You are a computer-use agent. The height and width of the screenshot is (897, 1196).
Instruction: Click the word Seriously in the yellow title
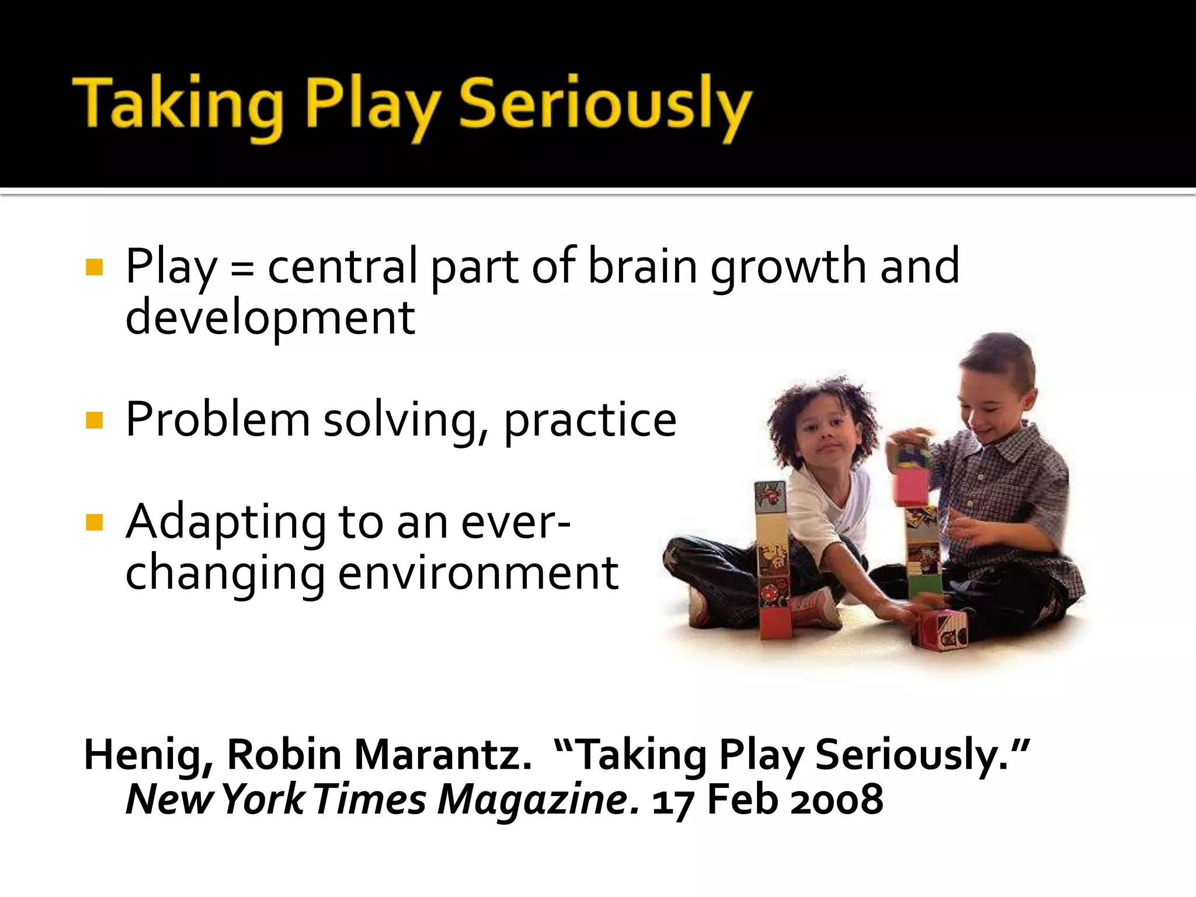tap(604, 105)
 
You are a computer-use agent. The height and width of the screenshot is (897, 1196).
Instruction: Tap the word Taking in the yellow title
tap(178, 105)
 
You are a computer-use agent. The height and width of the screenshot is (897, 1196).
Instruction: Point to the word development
tap(270, 318)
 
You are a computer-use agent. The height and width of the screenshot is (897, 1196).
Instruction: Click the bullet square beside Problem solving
tap(94, 420)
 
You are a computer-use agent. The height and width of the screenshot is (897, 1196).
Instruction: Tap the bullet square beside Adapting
tap(94, 522)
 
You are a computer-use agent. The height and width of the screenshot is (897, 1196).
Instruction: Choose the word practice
tap(590, 420)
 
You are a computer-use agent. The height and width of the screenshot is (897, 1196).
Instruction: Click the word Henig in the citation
tap(148, 755)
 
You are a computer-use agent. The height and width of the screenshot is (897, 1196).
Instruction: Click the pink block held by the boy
tap(912, 486)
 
